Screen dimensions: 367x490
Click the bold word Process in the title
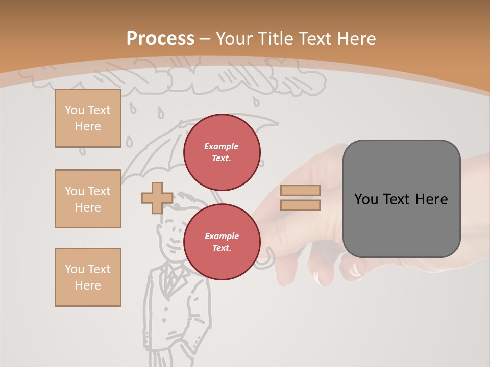click(x=160, y=39)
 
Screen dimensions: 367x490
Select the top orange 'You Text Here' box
click(x=88, y=118)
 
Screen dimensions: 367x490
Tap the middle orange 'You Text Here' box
click(x=88, y=199)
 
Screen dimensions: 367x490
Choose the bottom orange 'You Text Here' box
click(x=88, y=277)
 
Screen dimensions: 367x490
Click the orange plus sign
click(x=157, y=198)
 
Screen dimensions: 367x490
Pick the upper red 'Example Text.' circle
click(x=222, y=152)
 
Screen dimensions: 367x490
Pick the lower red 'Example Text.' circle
click(x=222, y=242)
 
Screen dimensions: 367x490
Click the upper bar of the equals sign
click(x=300, y=190)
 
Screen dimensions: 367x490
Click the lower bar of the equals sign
click(x=300, y=205)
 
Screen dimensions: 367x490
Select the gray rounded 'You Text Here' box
click(x=401, y=199)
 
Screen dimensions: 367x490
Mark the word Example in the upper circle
click(x=222, y=146)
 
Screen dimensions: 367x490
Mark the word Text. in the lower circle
click(x=222, y=248)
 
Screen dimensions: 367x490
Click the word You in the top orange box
click(x=75, y=110)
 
